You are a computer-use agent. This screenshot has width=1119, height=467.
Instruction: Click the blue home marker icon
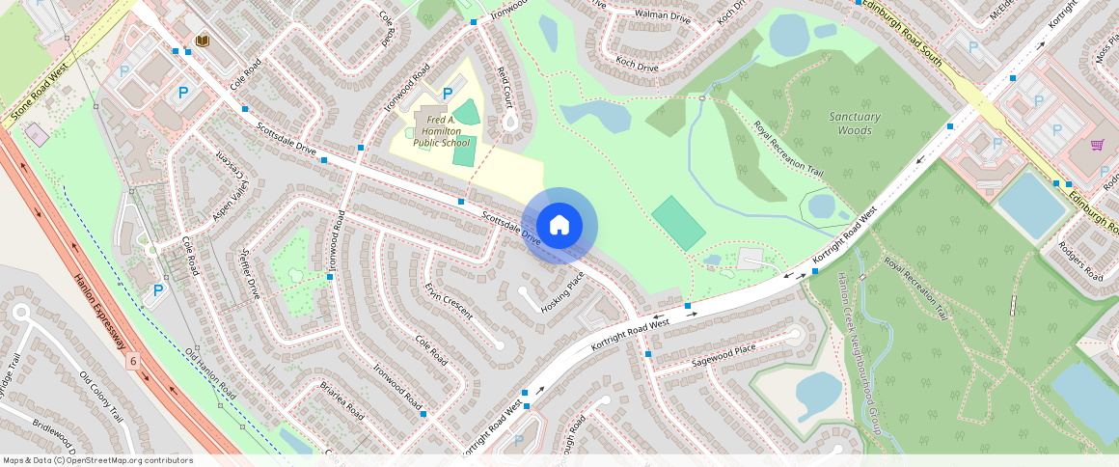[559, 226]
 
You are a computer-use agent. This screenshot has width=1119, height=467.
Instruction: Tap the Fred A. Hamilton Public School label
[441, 131]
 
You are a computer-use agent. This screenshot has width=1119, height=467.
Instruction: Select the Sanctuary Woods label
[855, 124]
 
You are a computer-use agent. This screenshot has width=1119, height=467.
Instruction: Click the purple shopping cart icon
[1097, 146]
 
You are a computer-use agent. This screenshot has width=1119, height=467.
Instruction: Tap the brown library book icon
[203, 41]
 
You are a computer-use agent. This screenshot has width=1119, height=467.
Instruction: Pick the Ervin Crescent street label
[449, 299]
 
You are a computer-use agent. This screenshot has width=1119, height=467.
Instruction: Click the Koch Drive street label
[637, 68]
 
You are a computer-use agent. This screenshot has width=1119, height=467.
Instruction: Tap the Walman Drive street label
[663, 15]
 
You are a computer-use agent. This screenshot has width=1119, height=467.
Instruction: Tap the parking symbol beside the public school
[447, 94]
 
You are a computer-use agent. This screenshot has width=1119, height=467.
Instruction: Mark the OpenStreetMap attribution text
[98, 460]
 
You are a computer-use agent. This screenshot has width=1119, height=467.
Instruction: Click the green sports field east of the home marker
[678, 223]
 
